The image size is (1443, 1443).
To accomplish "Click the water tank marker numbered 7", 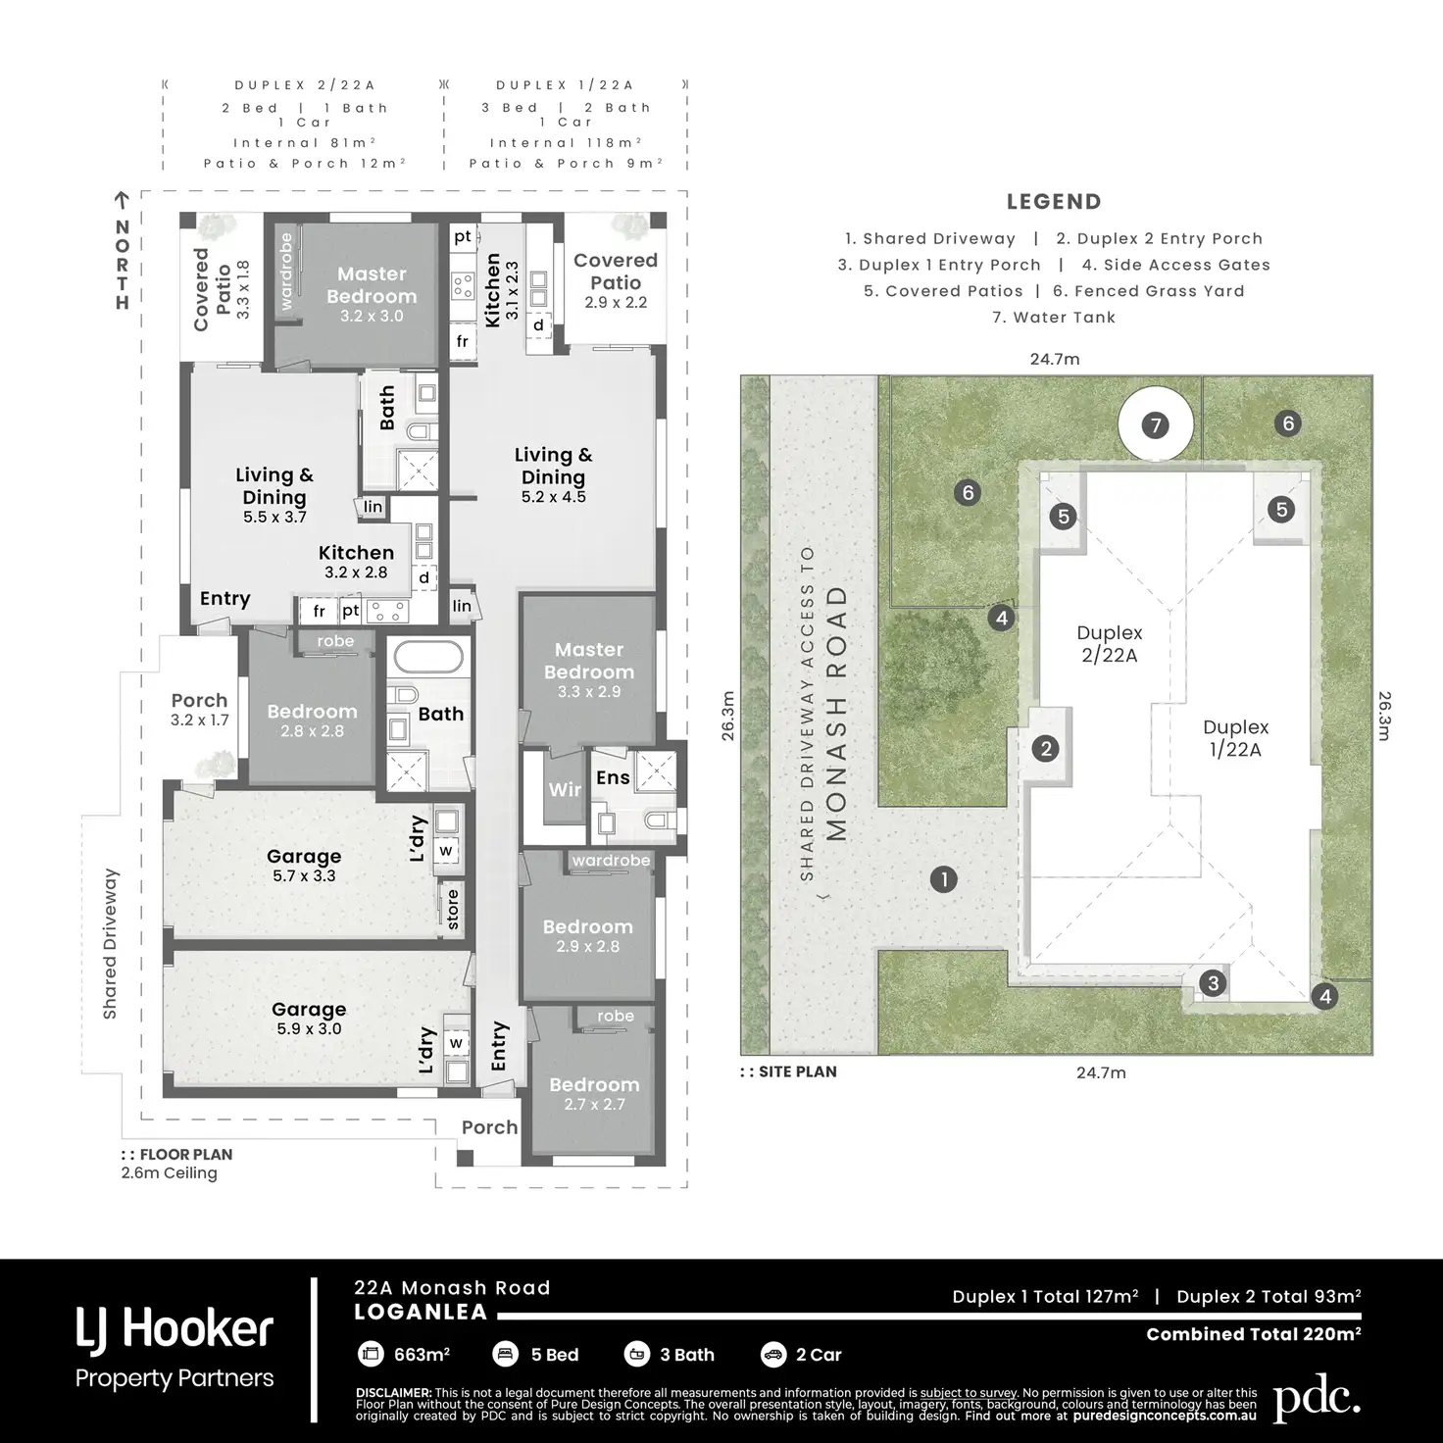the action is click(1156, 425).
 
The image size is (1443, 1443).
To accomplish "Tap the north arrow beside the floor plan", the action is click(122, 200).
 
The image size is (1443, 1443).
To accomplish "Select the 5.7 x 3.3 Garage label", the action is click(304, 865).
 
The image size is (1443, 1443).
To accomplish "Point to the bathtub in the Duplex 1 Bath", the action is click(428, 657).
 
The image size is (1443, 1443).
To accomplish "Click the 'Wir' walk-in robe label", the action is click(565, 789).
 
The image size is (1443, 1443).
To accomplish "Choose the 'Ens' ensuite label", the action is click(613, 777).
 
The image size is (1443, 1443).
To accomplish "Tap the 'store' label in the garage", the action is click(452, 909).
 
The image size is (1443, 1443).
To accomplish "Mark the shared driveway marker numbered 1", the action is click(944, 879).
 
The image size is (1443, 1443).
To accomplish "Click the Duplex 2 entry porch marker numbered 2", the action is click(1045, 748).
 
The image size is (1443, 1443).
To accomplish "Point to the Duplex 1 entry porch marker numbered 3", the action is click(1213, 982).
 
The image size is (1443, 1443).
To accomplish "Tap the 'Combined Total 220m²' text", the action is click(1254, 1333).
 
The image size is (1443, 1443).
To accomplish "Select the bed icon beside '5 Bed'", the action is click(506, 1354).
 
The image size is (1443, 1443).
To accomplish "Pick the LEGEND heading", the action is click(1054, 201).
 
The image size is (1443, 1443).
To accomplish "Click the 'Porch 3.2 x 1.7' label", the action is click(199, 709).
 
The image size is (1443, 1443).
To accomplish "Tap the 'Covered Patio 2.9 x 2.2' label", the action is click(616, 280).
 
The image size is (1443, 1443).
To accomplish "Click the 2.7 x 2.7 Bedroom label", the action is click(595, 1093).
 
